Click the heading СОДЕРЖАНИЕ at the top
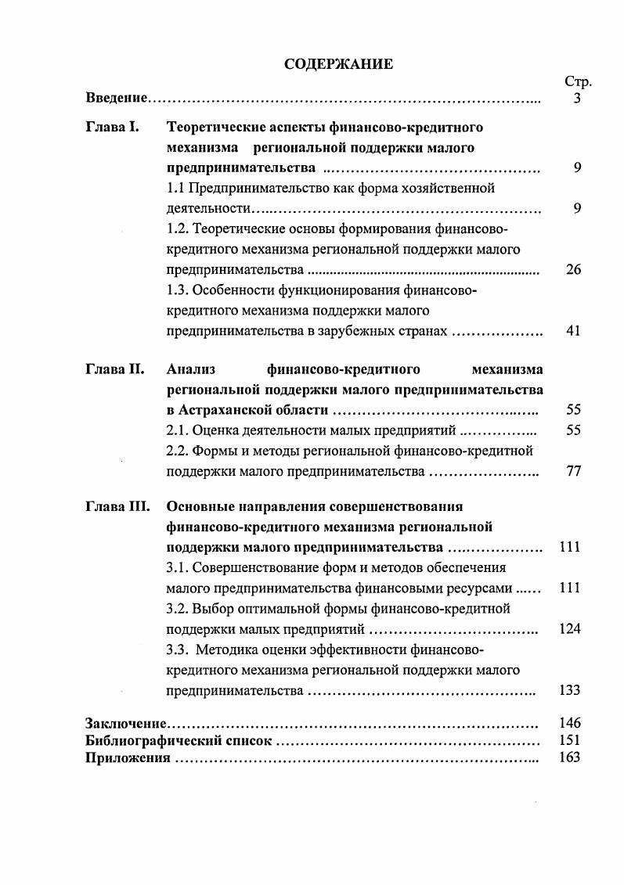tap(338, 64)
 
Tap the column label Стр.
tap(577, 82)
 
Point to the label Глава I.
tap(112, 127)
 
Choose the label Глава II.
tap(115, 369)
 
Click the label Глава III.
tap(117, 506)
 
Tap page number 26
tap(574, 270)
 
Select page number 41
tap(573, 331)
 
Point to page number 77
tap(573, 472)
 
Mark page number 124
tap(570, 629)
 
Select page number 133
tap(570, 690)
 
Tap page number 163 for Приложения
tap(570, 757)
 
